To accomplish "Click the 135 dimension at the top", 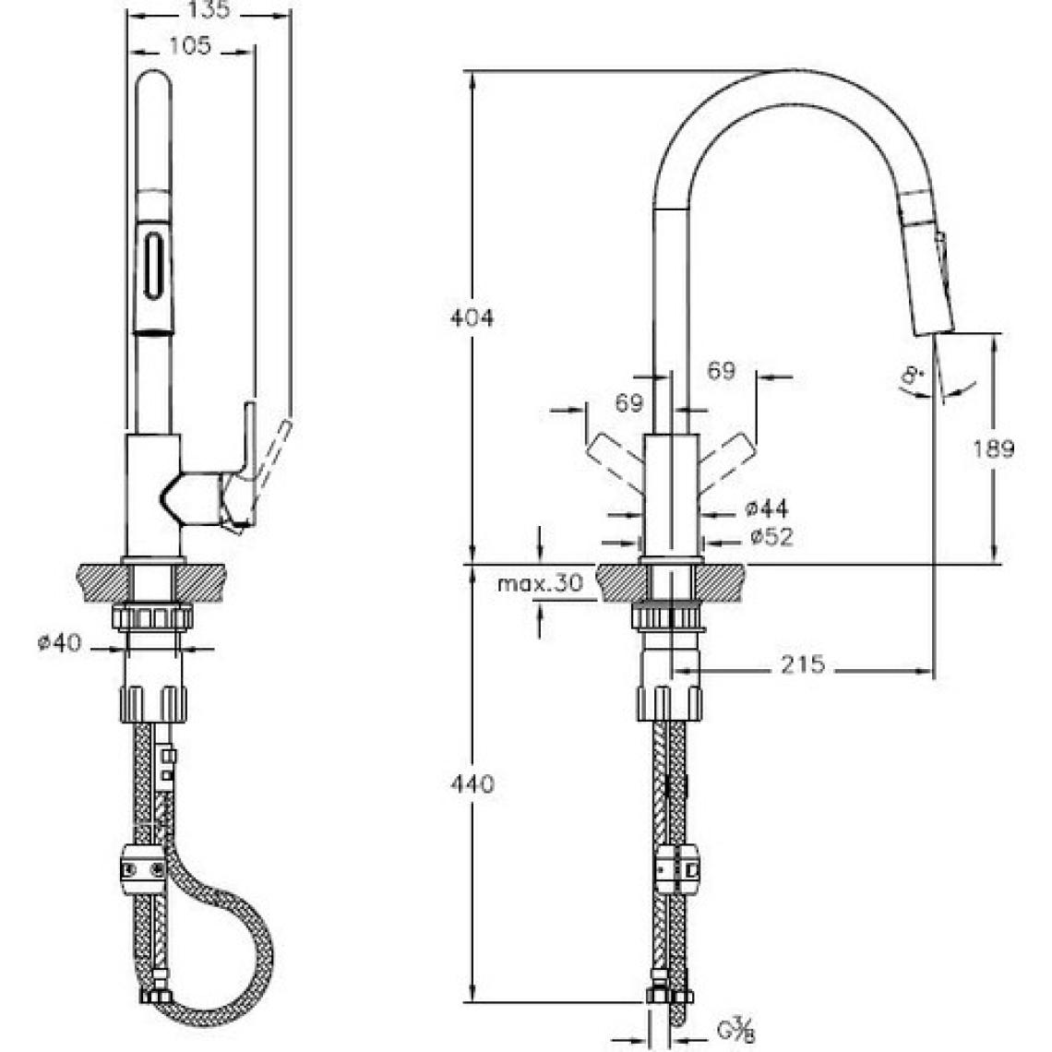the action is pos(209,9).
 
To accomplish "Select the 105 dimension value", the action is pos(190,45).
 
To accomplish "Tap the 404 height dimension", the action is pos(472,317).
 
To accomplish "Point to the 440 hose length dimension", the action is pos(472,783).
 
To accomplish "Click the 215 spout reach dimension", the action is pos(803,664).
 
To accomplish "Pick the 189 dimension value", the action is pos(994,448).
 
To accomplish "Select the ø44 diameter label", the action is pos(767,508).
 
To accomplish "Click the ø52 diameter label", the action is pos(771,537).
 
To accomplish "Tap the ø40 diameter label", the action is pos(59,643).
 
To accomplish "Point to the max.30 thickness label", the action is pos(540,583).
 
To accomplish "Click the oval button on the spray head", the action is pos(153,264).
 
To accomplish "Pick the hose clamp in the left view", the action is pos(143,869).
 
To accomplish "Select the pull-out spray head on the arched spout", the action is pos(927,262).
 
